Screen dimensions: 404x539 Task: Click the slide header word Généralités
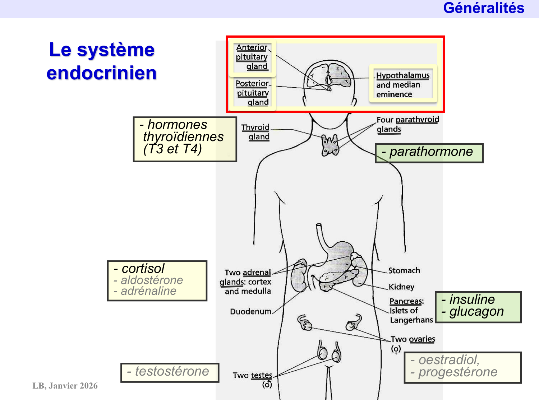point(483,8)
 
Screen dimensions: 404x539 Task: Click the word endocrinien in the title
point(102,73)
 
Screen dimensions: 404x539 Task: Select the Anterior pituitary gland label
point(252,57)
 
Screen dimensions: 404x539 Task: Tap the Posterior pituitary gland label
point(253,93)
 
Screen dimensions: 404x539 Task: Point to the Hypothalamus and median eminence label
point(402,85)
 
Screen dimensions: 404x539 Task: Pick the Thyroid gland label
point(256,132)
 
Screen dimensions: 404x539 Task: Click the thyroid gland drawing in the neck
point(330,145)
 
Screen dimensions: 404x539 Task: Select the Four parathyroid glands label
point(407,124)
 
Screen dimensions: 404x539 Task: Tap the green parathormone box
point(429,153)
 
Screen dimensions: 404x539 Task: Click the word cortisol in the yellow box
point(143,269)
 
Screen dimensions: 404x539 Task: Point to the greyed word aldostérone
point(152,280)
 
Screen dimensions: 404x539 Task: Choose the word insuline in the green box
point(472,299)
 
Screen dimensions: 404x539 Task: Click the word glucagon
point(476,312)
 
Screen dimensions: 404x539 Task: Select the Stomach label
point(404,270)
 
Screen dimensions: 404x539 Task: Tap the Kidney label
point(401,287)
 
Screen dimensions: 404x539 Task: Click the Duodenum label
point(250,311)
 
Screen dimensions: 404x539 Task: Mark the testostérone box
point(170,372)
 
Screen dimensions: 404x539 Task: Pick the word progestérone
point(458,372)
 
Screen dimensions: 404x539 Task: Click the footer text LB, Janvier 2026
point(65,386)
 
